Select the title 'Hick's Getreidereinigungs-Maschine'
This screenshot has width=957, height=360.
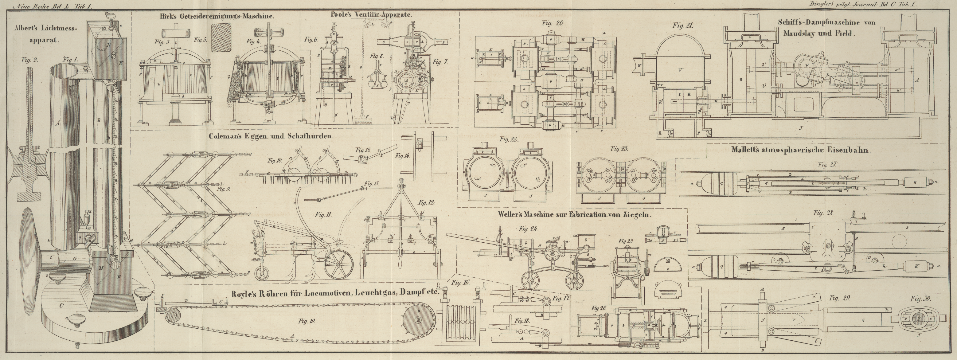tap(217, 16)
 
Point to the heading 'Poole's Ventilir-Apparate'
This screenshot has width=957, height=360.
tap(371, 14)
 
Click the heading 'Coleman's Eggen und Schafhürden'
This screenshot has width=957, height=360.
tap(271, 136)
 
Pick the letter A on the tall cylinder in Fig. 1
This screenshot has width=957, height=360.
tap(57, 123)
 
